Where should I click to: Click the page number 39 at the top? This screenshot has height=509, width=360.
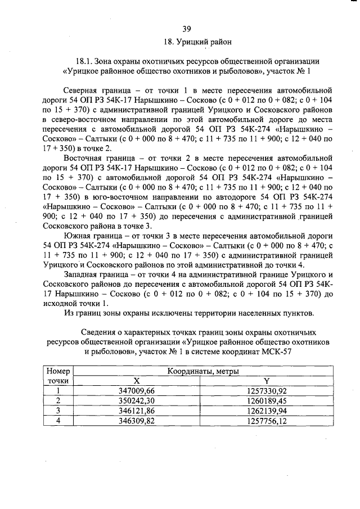tap(187, 29)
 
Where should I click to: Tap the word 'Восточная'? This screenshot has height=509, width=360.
tap(84, 160)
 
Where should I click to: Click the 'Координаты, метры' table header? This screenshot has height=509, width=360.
tap(203, 372)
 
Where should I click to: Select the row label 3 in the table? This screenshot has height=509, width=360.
tap(57, 411)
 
